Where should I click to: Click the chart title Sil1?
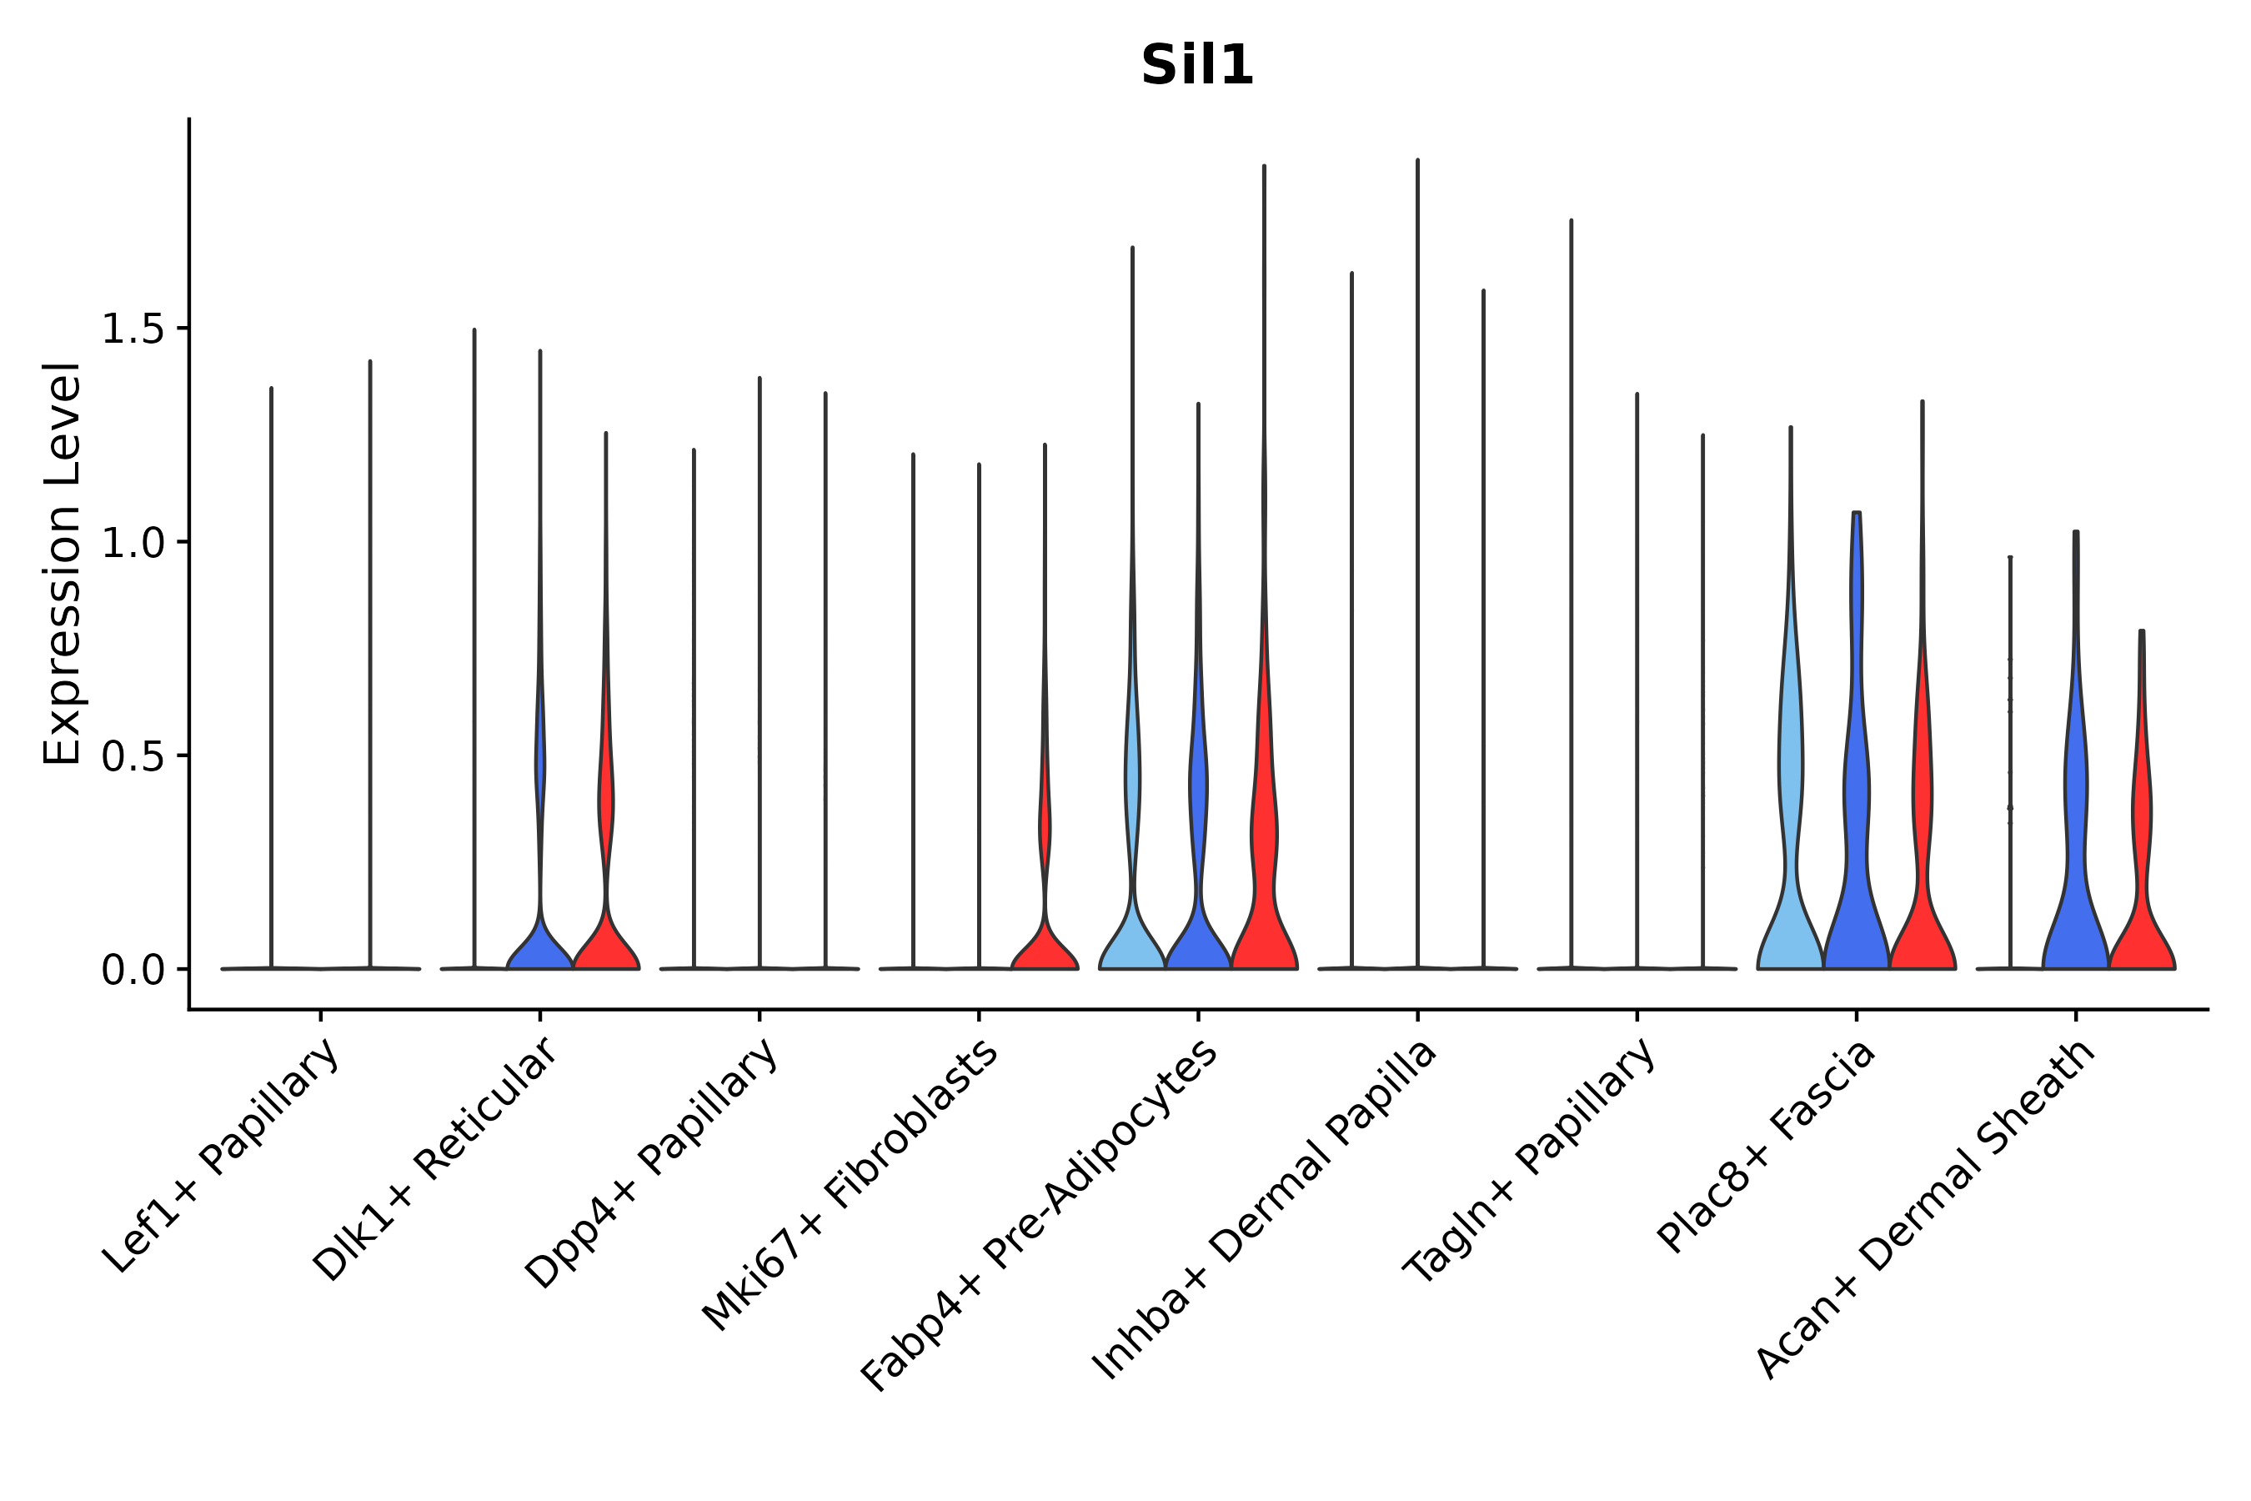(x=1196, y=66)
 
